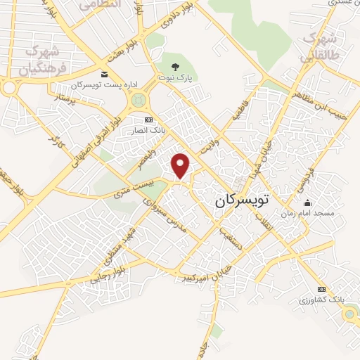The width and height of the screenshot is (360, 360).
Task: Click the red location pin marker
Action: point(181,165)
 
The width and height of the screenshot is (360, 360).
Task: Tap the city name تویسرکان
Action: point(241,200)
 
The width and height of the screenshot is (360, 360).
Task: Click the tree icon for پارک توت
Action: point(176,67)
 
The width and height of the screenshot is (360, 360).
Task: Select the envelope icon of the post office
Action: point(105,75)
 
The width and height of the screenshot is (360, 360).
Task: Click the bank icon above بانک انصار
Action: point(148,120)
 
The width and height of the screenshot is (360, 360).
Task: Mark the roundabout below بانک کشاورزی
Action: point(349,316)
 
